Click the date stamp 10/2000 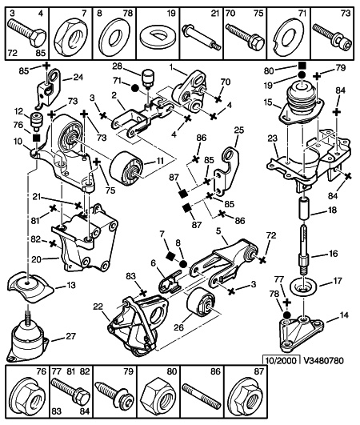(281, 360)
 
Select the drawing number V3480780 (324, 360)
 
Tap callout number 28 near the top (118, 66)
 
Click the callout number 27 (70, 336)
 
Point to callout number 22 (98, 307)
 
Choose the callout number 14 (344, 315)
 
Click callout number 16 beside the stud (333, 254)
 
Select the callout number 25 (238, 130)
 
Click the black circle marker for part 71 (135, 88)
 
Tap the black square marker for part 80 (302, 66)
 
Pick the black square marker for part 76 (36, 138)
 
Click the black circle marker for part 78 (287, 315)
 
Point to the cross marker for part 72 (262, 260)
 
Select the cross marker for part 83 (143, 293)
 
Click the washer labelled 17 (304, 287)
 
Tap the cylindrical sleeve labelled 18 (304, 208)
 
